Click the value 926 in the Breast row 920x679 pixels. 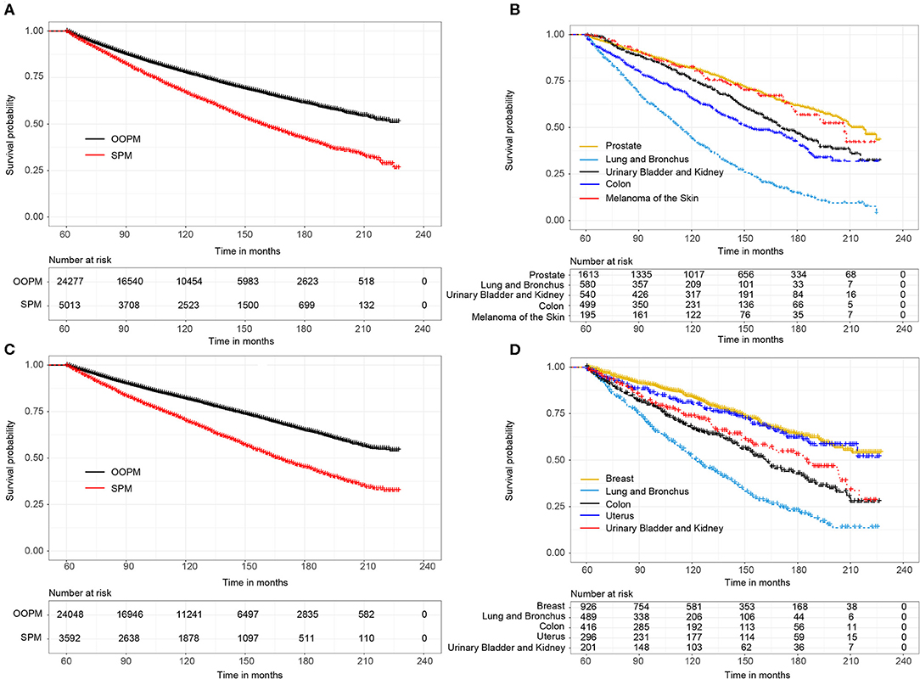pyautogui.click(x=585, y=607)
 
